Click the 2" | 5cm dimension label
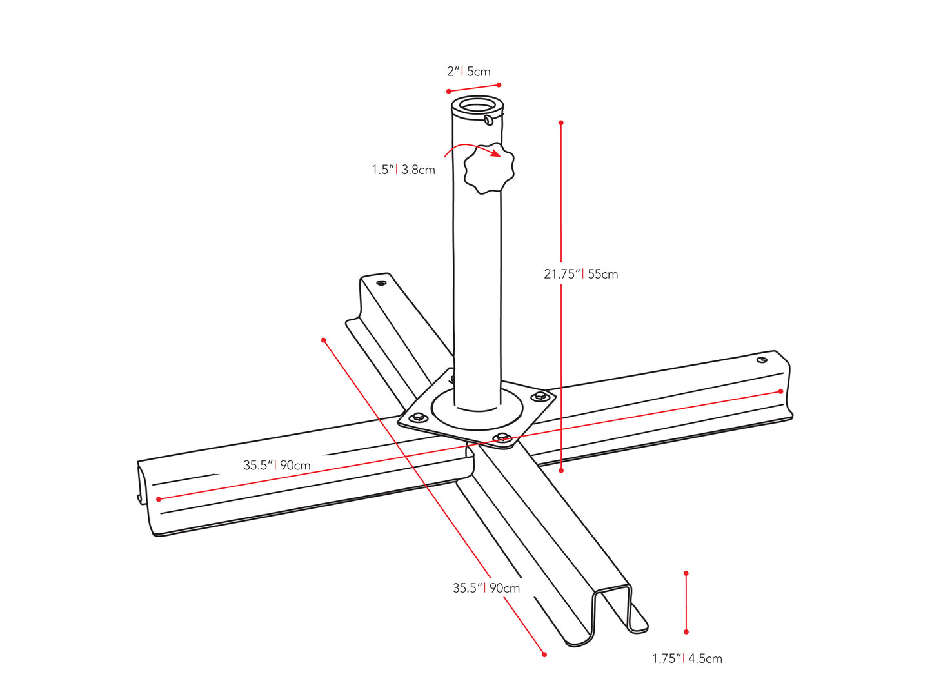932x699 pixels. click(469, 72)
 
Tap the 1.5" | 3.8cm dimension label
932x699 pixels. click(403, 170)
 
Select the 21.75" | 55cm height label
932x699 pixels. click(580, 274)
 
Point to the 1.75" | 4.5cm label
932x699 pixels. click(687, 658)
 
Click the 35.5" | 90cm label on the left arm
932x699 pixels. click(277, 465)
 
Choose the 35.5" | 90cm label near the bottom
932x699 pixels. click(486, 588)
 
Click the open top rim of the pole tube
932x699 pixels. click(477, 104)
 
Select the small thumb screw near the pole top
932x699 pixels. click(490, 119)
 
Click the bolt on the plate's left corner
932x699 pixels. click(418, 417)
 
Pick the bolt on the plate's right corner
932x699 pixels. click(540, 396)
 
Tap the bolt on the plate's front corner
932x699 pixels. click(502, 438)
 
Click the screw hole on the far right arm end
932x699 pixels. click(762, 360)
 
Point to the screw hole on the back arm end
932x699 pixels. click(382, 282)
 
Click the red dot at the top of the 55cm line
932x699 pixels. click(561, 123)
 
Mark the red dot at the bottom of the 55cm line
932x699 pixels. click(561, 471)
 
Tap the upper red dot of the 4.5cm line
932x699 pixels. click(686, 573)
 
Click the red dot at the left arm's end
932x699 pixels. click(159, 499)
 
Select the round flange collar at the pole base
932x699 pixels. click(477, 413)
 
